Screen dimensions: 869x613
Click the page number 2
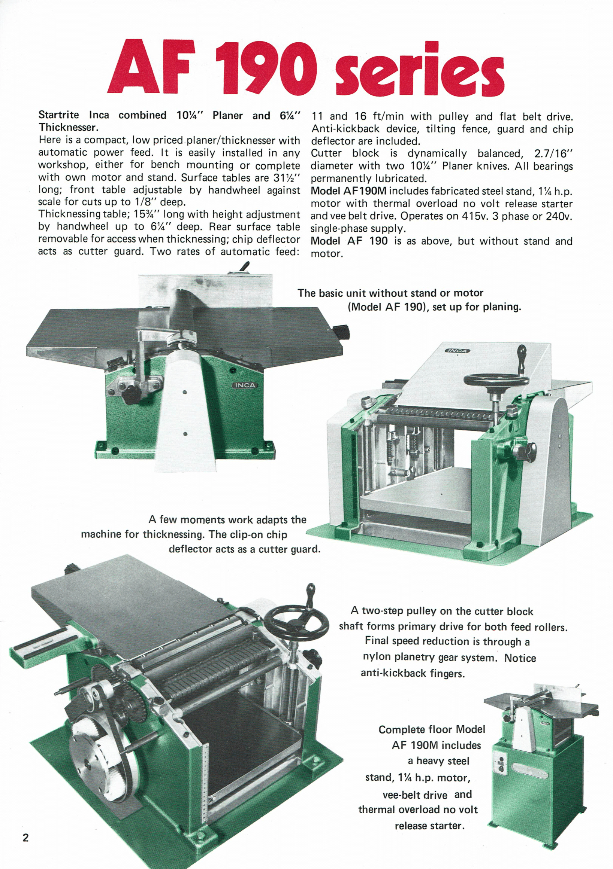click(25, 837)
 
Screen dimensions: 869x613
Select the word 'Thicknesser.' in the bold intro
click(69, 127)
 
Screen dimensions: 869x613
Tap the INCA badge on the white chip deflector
click(457, 351)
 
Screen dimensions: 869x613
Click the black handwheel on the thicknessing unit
click(496, 380)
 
